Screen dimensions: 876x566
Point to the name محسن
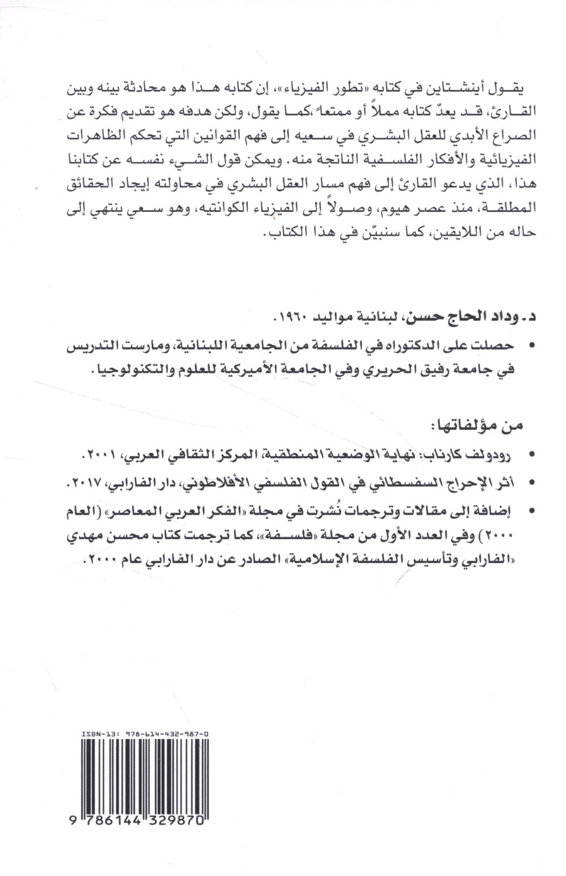(123, 535)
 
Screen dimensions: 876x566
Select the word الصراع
(505, 136)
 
